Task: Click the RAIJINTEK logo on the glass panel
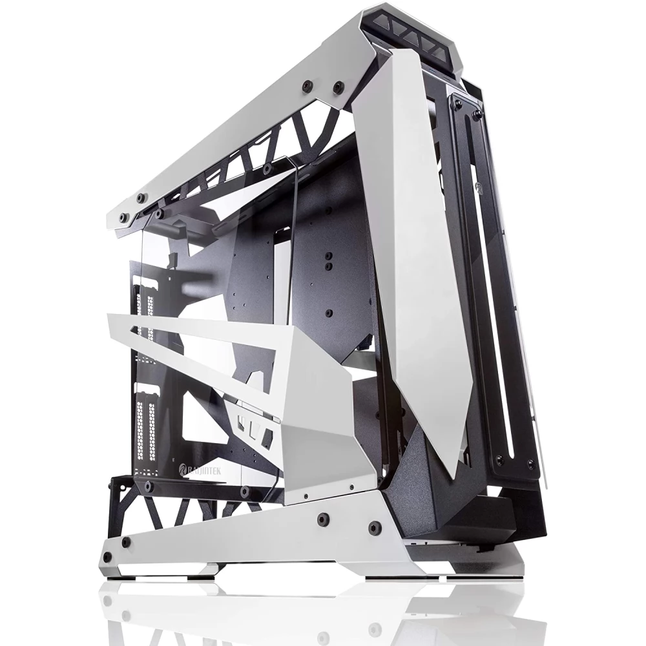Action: tap(200, 470)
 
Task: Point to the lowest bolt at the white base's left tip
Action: tap(108, 557)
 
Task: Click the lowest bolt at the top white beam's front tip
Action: tap(122, 217)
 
